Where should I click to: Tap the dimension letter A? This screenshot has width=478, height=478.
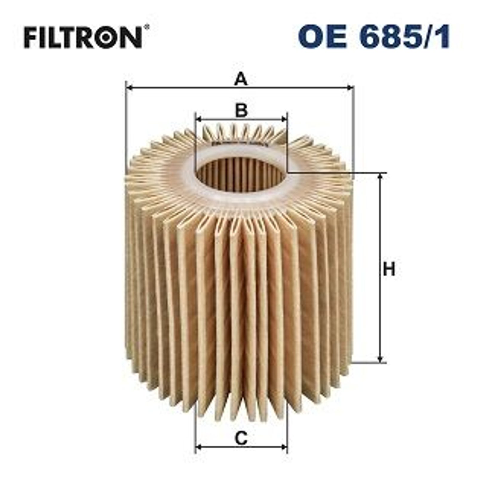point(241,79)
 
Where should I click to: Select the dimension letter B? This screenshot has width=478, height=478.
point(241,110)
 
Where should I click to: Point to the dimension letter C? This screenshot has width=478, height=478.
point(241,438)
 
